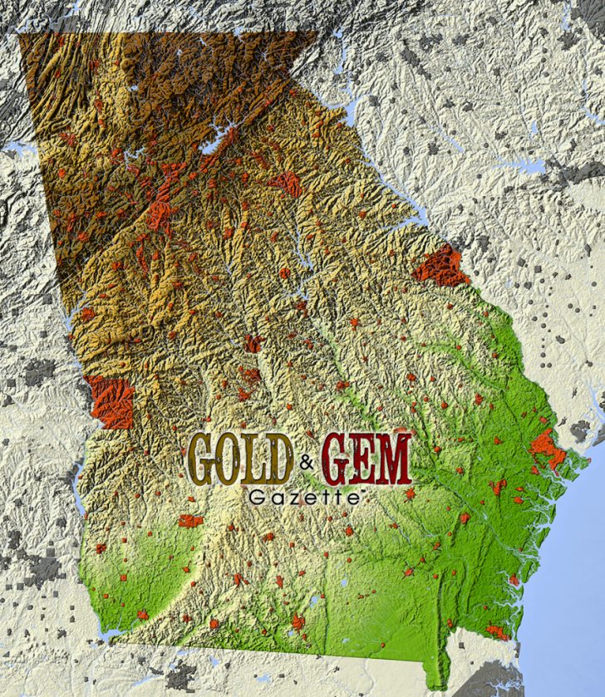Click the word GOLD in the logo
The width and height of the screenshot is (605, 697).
(x=241, y=459)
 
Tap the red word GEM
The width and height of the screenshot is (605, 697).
(x=366, y=459)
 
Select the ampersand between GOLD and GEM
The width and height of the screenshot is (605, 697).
(x=307, y=464)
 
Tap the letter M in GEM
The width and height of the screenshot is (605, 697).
(x=394, y=459)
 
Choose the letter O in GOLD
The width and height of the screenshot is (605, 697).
(x=231, y=459)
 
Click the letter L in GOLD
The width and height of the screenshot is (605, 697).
(x=255, y=459)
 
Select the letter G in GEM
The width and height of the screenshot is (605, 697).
(x=337, y=459)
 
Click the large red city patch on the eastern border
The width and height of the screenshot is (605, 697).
(x=440, y=266)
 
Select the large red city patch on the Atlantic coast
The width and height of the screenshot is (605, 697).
(x=545, y=449)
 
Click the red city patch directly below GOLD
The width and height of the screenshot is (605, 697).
(x=190, y=521)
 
